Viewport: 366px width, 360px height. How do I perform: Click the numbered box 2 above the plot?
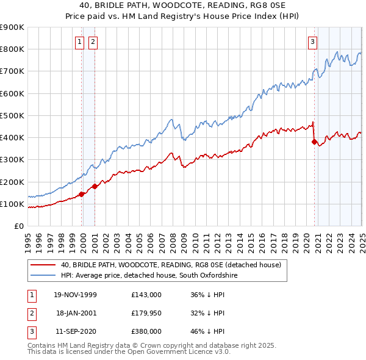(x=93, y=42)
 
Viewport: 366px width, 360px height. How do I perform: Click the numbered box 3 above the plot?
(x=312, y=42)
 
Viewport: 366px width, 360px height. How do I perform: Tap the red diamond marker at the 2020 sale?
(x=315, y=142)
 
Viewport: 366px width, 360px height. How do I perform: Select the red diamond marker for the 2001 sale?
(x=95, y=186)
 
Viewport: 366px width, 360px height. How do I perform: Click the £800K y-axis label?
(x=12, y=49)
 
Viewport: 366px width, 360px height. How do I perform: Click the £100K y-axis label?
(x=12, y=204)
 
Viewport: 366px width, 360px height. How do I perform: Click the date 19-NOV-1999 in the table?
(x=75, y=294)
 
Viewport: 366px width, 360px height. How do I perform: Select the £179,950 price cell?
(x=146, y=312)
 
